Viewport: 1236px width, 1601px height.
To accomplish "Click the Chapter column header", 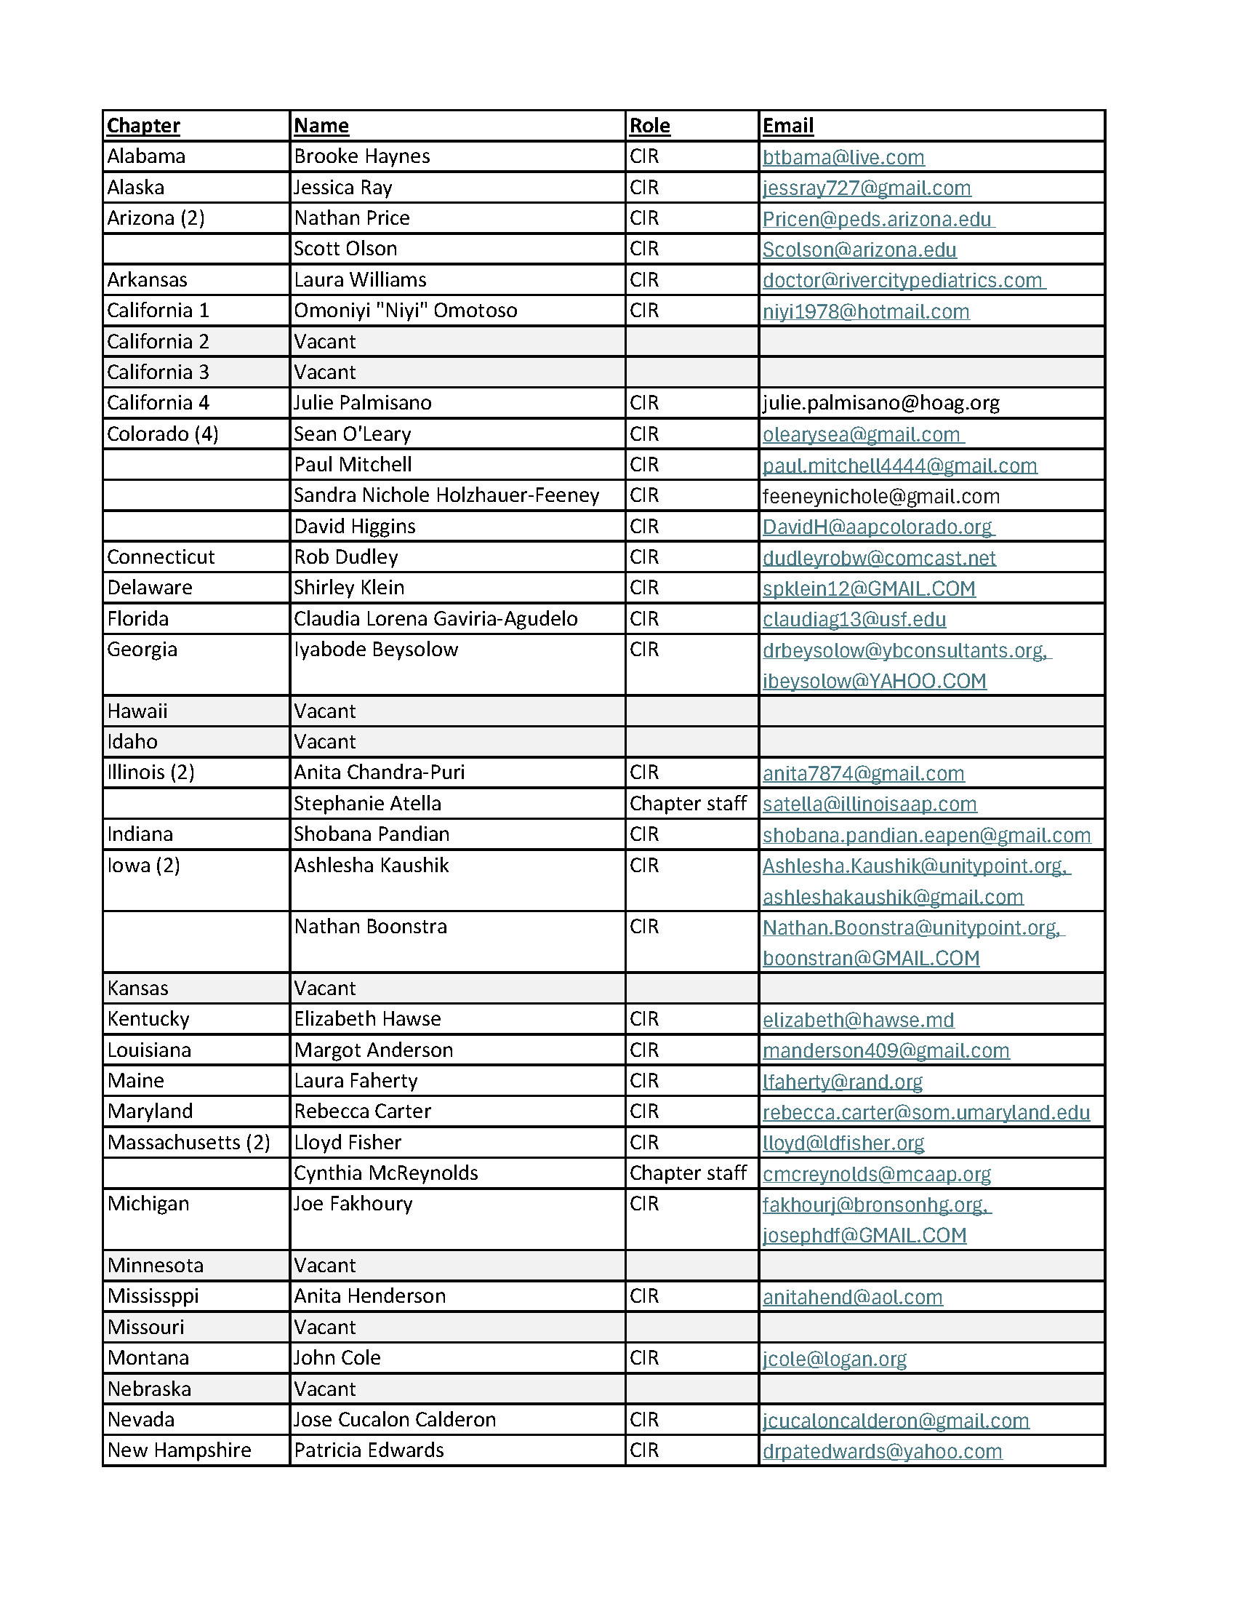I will click(x=144, y=125).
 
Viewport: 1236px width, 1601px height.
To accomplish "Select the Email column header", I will click(x=787, y=125).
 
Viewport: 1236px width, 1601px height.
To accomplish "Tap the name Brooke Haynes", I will click(x=362, y=156).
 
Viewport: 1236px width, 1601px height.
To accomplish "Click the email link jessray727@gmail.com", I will click(x=867, y=188).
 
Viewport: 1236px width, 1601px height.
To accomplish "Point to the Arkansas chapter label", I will click(x=148, y=279).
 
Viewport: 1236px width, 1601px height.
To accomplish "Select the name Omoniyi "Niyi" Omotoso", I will click(x=405, y=310).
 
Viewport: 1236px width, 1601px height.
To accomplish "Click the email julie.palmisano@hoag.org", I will click(x=880, y=402).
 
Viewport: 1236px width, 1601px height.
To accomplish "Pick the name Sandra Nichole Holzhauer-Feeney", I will click(x=446, y=495).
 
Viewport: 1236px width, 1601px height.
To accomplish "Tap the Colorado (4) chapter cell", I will click(x=163, y=434).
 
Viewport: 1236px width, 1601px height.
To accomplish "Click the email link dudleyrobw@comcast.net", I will click(x=878, y=558).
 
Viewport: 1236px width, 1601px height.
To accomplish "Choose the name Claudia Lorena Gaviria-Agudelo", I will click(x=436, y=619).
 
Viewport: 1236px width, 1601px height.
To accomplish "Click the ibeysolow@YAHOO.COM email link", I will click(x=874, y=681).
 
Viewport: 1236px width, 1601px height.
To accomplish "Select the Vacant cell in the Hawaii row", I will click(x=324, y=711).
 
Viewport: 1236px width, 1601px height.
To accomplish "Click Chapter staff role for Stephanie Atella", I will click(x=688, y=804).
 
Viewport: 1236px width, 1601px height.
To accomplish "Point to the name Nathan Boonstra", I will click(x=370, y=927).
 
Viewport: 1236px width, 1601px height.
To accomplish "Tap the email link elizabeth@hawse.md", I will click(x=858, y=1020).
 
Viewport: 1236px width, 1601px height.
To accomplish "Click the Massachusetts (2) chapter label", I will click(x=188, y=1142).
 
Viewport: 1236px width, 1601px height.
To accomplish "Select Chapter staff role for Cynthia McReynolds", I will click(x=688, y=1173).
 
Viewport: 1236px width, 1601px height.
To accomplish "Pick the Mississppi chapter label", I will click(x=153, y=1296).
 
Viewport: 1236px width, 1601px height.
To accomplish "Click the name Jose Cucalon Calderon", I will click(x=395, y=1419).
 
